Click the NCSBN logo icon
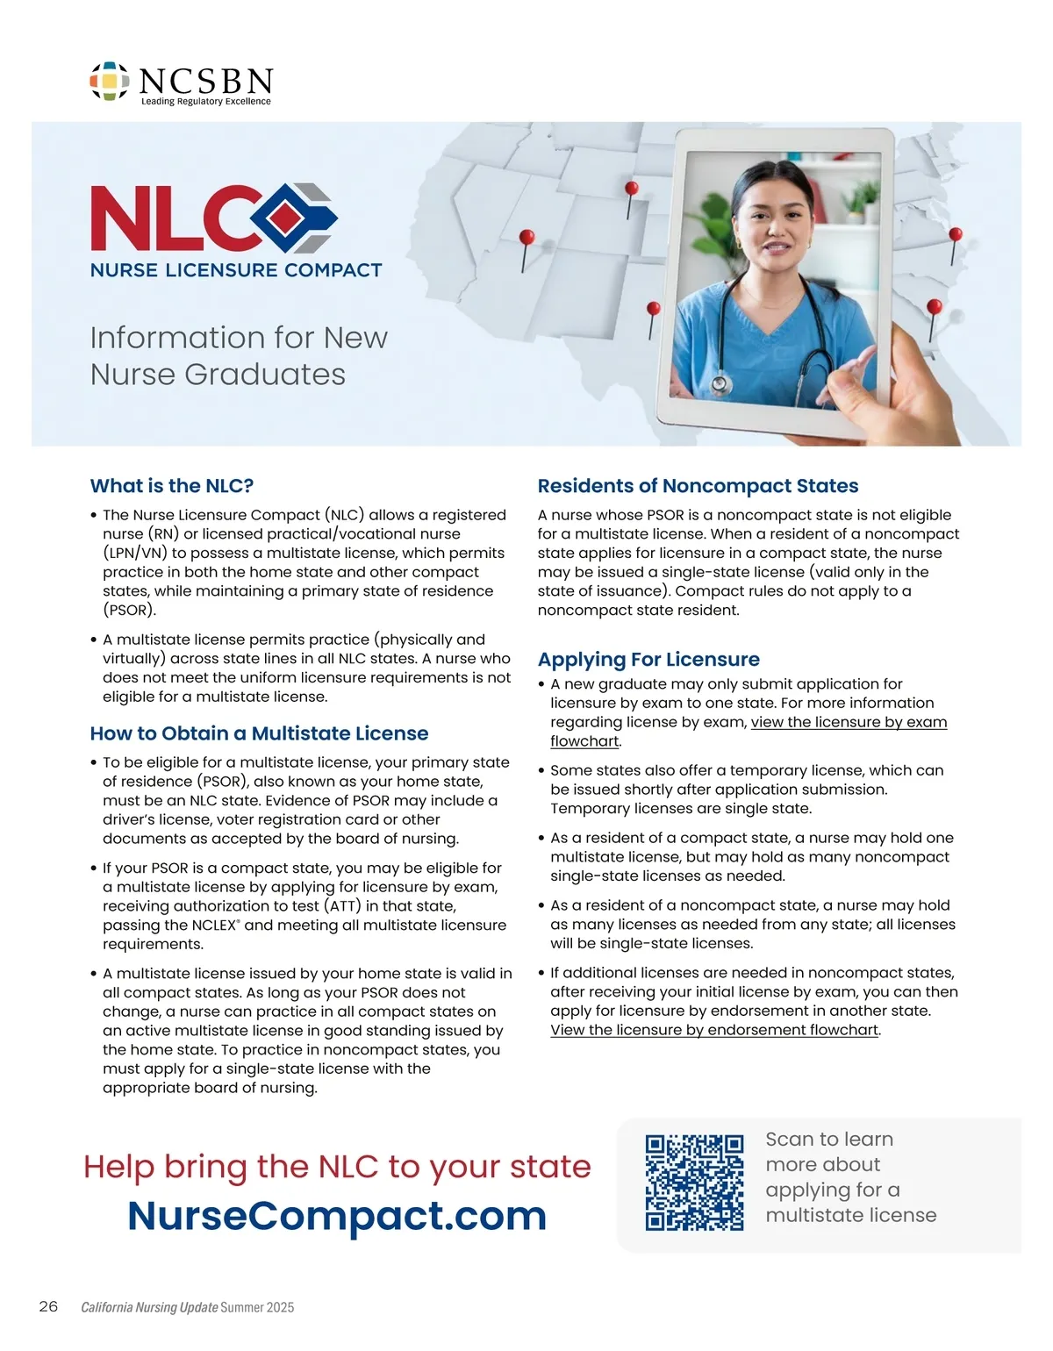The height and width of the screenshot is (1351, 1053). pyautogui.click(x=110, y=81)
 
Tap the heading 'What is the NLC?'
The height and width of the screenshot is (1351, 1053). pyautogui.click(x=172, y=486)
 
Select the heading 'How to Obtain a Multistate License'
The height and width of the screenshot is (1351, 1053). pyautogui.click(x=259, y=733)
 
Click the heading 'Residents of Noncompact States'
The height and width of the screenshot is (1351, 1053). pyautogui.click(x=698, y=486)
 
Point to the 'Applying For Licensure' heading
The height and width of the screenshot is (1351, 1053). pyautogui.click(x=648, y=660)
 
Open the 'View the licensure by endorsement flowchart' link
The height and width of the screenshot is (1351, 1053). pyautogui.click(x=714, y=1030)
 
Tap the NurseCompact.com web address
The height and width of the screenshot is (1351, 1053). pyautogui.click(x=337, y=1215)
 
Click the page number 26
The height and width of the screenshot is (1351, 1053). pyautogui.click(x=48, y=1306)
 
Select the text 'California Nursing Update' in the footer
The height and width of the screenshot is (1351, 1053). pyautogui.click(x=149, y=1307)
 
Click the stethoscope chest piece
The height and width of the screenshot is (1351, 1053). pyautogui.click(x=720, y=383)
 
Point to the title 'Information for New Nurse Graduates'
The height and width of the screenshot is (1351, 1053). pyautogui.click(x=239, y=355)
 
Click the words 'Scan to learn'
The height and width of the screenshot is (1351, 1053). pyautogui.click(x=829, y=1139)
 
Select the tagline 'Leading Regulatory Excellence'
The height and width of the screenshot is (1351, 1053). pyautogui.click(x=206, y=102)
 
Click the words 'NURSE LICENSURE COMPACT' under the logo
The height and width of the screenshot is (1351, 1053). pyautogui.click(x=236, y=270)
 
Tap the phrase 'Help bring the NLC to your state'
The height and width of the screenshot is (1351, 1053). pyautogui.click(x=337, y=1167)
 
